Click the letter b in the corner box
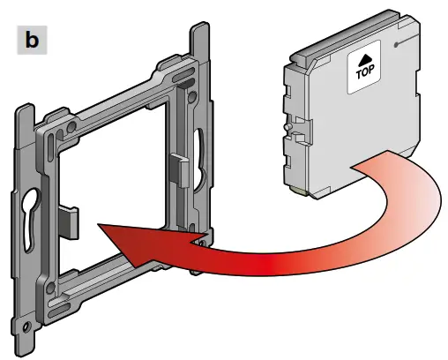click(32, 41)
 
